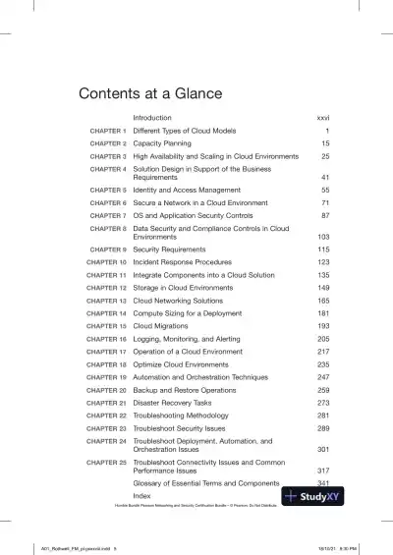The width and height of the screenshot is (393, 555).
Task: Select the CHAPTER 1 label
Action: pos(108,131)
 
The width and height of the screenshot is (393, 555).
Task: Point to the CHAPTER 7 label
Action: pos(108,214)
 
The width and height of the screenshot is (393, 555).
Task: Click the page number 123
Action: pos(322,263)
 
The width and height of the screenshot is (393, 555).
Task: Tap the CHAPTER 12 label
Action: pos(106,288)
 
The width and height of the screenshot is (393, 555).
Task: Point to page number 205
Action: pos(322,338)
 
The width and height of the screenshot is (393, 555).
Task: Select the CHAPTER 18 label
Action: pos(106,363)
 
